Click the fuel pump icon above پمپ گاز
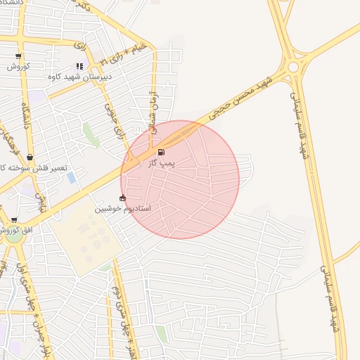tap(162, 152)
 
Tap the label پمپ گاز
tap(162, 162)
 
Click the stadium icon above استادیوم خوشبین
tap(123, 198)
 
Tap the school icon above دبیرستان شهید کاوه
tap(79, 67)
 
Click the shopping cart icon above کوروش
tap(18, 56)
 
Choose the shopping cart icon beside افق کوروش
tap(14, 220)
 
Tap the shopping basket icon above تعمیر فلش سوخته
tap(30, 157)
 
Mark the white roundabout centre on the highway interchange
tap(292, 67)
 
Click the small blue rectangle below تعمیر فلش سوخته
tap(72, 177)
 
